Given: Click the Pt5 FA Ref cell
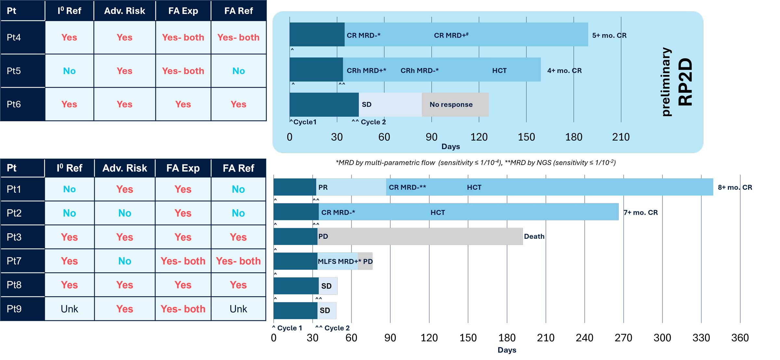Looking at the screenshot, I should click(x=238, y=71).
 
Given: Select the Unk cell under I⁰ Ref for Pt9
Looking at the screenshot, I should click(x=69, y=309).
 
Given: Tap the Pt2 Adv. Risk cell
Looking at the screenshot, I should click(x=124, y=213).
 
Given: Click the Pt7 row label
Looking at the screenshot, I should click(x=14, y=261).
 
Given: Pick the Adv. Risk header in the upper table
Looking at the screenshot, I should click(x=124, y=11).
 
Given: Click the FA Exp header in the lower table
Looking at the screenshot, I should click(x=183, y=168).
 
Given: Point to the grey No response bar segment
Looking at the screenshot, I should click(x=455, y=105).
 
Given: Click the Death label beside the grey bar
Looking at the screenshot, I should click(x=534, y=237).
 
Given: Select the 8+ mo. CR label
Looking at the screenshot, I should click(x=734, y=187).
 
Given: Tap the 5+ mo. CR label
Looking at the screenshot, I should click(x=609, y=35).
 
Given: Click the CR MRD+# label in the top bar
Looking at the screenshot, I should click(x=451, y=35).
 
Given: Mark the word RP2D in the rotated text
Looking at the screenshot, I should click(x=686, y=82).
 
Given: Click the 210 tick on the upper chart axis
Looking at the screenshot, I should click(x=621, y=137).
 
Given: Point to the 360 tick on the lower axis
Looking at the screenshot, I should click(x=740, y=338).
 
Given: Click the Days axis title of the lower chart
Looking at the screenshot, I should click(x=507, y=350).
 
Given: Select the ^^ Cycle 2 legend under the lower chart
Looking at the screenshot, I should click(x=332, y=328).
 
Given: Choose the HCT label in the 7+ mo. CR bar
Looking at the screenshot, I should click(x=437, y=212).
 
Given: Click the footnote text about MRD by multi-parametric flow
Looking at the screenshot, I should click(x=475, y=162).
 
